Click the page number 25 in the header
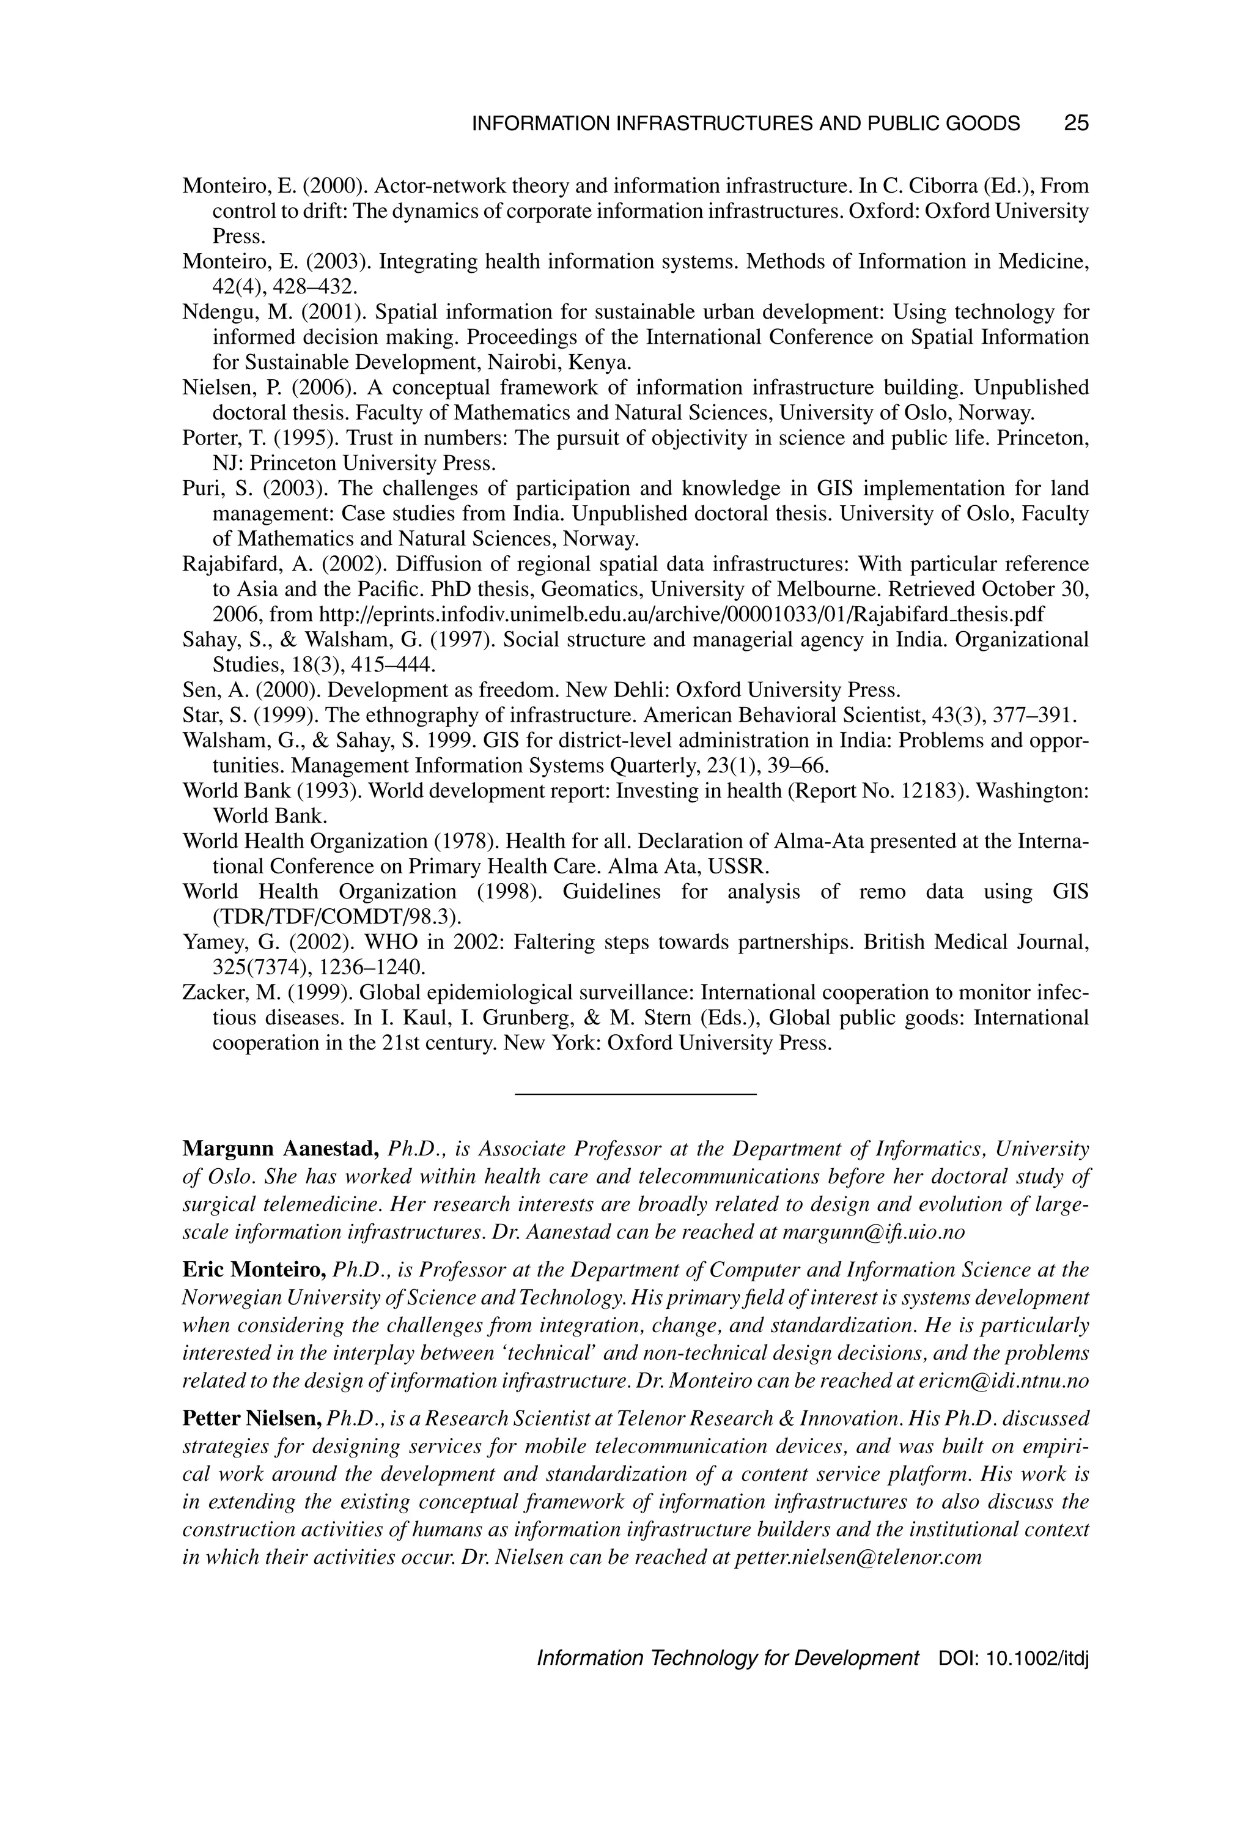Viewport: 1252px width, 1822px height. click(1077, 123)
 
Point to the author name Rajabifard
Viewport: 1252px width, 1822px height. click(232, 564)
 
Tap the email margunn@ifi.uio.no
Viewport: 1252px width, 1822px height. click(874, 1232)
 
